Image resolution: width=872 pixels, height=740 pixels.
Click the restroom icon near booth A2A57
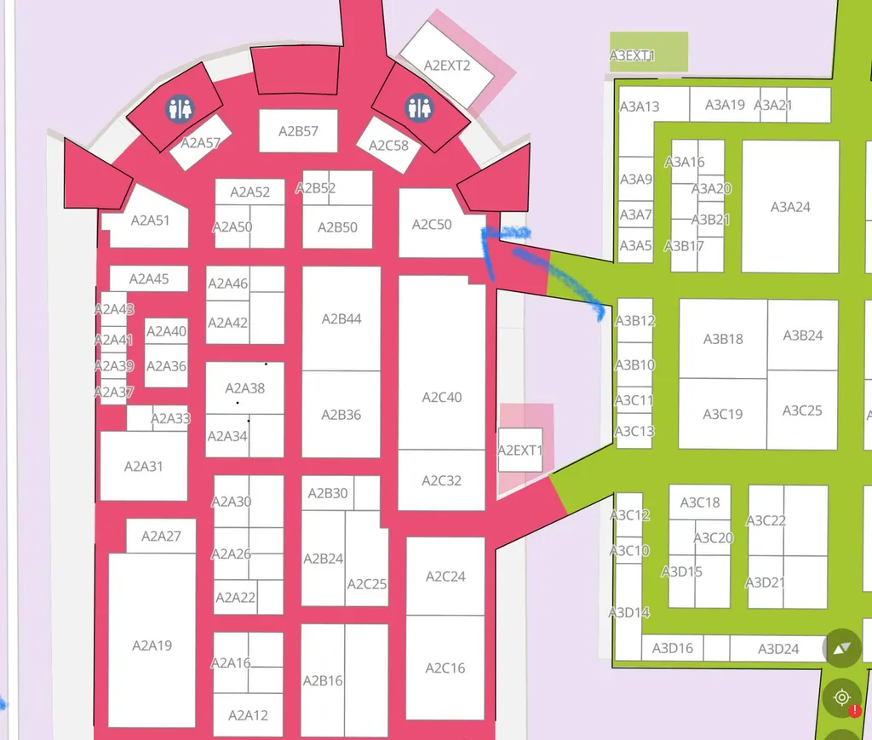coord(180,109)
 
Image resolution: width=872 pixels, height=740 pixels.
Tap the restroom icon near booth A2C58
coord(419,108)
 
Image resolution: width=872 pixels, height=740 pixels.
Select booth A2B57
coord(298,131)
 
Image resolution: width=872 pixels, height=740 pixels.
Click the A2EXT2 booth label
coord(447,66)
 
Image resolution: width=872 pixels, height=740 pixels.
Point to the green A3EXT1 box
coord(649,52)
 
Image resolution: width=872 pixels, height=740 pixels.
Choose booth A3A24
coord(790,207)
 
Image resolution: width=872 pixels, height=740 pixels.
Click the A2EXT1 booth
coord(520,450)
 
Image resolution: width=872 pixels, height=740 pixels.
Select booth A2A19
coord(152,640)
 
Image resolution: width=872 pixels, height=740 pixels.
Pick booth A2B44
coord(341,318)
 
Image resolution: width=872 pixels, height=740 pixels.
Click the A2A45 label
coord(149,278)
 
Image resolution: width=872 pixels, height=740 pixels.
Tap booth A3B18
coord(723,339)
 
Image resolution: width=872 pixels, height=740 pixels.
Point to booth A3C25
coord(802,410)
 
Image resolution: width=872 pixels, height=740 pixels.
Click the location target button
coord(842,697)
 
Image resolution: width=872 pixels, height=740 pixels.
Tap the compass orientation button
coord(842,648)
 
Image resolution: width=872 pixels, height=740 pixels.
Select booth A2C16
coord(445,667)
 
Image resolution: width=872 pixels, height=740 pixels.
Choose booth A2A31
coord(143,466)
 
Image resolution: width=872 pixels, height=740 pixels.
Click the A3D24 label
coord(778,649)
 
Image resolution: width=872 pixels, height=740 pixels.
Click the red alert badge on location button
coord(855,710)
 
